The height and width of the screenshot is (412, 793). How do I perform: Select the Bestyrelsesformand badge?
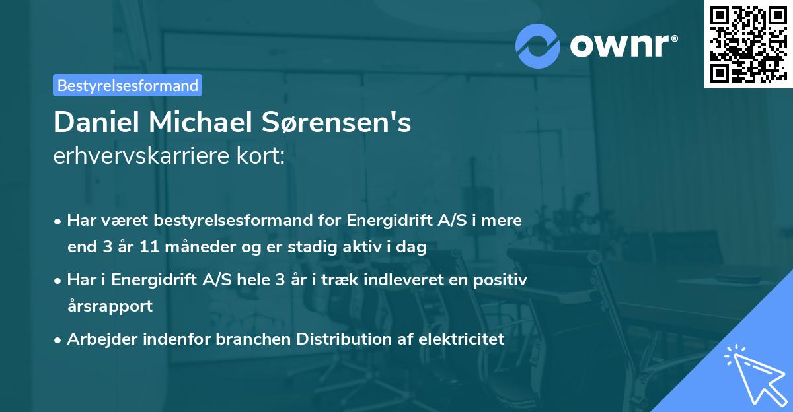(128, 85)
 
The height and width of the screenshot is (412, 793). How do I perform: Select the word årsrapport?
(110, 306)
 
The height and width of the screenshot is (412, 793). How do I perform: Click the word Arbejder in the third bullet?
(98, 339)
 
